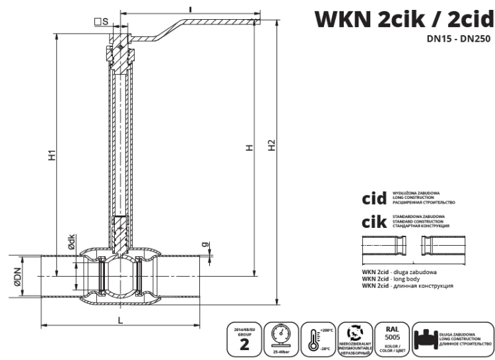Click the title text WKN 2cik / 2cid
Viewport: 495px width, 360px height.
(405, 19)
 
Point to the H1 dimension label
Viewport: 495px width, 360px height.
(51, 156)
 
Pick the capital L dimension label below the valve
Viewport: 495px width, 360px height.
(119, 319)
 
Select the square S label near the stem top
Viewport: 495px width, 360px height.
(101, 22)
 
